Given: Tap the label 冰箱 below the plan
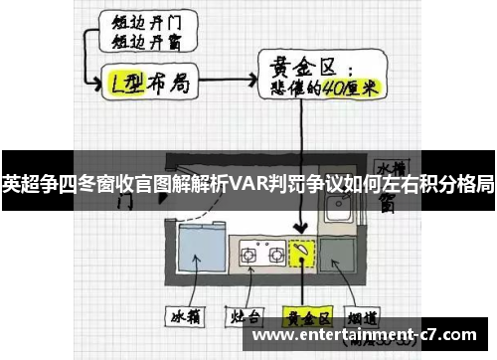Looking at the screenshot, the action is (x=187, y=319).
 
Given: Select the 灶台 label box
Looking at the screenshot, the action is (x=245, y=319).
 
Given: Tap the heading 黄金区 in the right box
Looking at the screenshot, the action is (x=302, y=66).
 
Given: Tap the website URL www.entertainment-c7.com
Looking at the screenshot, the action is (x=371, y=335).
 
